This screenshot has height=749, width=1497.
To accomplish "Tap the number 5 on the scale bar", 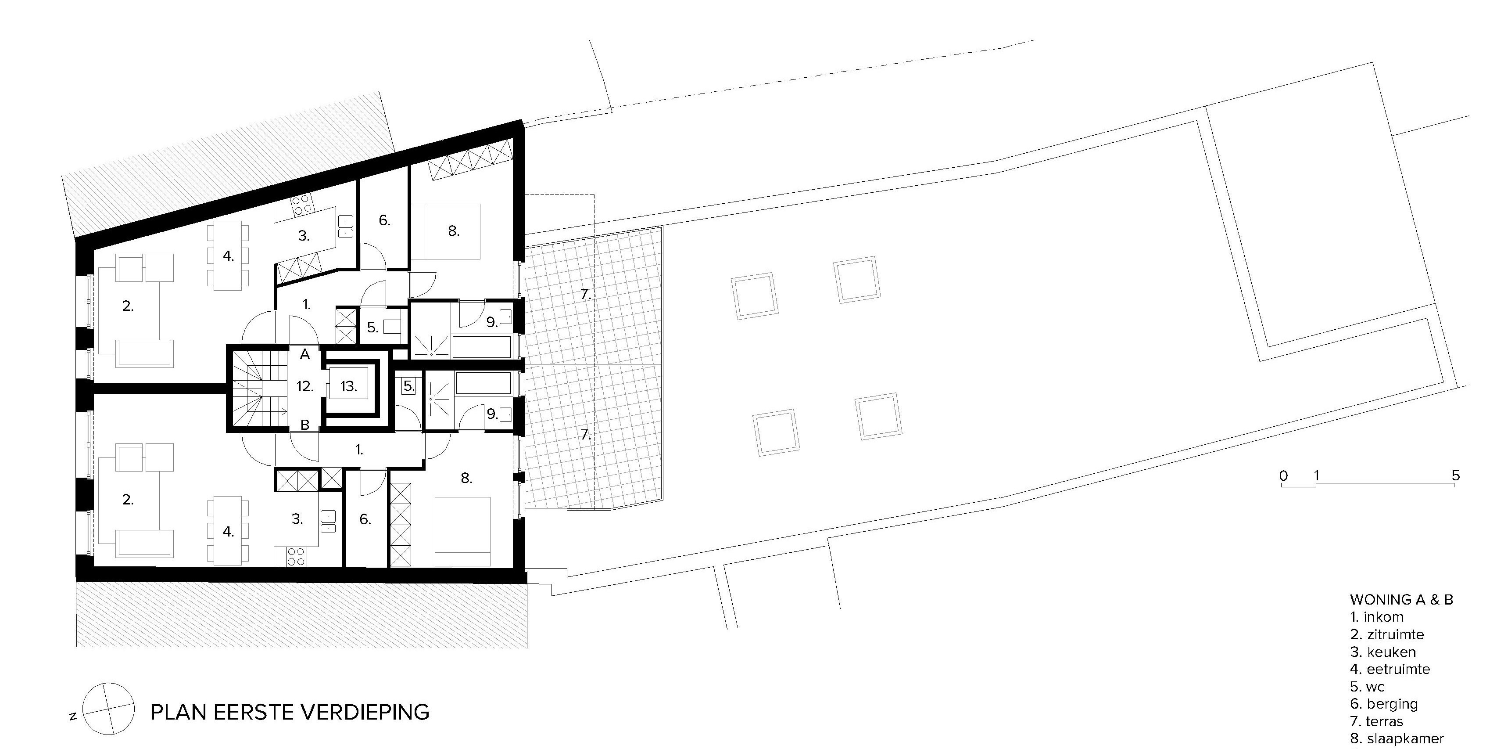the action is click(x=1455, y=475).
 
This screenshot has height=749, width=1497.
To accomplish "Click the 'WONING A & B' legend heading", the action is click(x=1401, y=600).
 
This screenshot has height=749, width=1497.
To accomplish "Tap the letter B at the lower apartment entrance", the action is click(x=304, y=425).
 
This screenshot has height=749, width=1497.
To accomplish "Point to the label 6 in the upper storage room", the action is click(x=384, y=220).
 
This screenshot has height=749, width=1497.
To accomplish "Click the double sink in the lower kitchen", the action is click(x=328, y=522).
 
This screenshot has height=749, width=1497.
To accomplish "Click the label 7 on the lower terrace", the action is click(x=586, y=434).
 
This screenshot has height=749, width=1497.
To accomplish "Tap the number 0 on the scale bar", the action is click(x=1284, y=475).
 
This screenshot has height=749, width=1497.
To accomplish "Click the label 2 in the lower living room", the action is click(x=128, y=499).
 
